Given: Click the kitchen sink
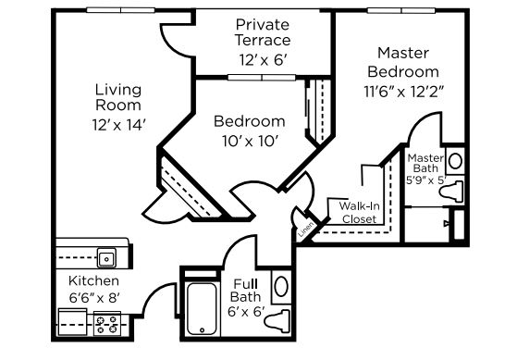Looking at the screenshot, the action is (106, 257).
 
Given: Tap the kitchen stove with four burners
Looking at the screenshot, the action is (107, 324).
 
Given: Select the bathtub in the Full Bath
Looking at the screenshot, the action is (202, 308).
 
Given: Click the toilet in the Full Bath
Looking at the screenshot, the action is (277, 321).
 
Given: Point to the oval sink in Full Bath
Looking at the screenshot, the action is (281, 286).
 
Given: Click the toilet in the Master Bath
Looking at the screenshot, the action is (451, 192).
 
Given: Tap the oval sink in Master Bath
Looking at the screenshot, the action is (455, 161).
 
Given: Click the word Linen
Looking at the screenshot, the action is (305, 229).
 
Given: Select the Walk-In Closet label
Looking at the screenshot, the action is (360, 213).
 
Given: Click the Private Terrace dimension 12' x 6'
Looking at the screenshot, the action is (263, 60).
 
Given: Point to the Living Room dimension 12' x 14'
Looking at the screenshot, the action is (118, 125).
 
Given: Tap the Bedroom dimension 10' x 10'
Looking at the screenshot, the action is (250, 142).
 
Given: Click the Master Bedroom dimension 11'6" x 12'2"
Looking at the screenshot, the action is (403, 92).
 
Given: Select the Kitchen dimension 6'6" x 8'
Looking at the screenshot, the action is (94, 298).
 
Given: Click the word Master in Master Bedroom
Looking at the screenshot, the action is (403, 53).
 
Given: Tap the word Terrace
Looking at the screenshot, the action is (263, 40).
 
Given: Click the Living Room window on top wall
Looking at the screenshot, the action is (120, 10).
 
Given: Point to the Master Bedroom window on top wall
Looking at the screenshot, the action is (401, 10).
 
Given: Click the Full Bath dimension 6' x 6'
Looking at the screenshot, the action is (246, 312).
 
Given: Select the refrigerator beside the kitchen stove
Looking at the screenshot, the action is (72, 322).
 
